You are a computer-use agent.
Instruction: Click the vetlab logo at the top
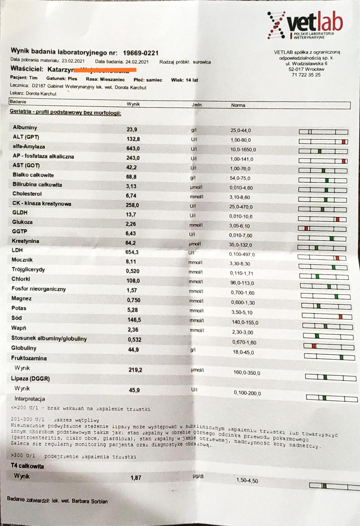[305, 25]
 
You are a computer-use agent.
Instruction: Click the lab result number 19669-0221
[141, 53]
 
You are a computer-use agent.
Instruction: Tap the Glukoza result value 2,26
[131, 224]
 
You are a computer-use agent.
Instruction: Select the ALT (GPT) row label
[26, 137]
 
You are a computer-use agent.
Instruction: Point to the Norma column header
[238, 105]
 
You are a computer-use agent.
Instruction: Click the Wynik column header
[133, 104]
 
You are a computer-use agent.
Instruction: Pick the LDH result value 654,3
[132, 252]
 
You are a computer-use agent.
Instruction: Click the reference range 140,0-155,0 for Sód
[245, 323]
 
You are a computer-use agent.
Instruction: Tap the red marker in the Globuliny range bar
[314, 346]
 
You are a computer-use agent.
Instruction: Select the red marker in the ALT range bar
[344, 142]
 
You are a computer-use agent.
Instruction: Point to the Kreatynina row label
[25, 241]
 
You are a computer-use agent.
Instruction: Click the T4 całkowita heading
[27, 466]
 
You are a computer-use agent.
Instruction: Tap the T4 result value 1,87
[136, 478]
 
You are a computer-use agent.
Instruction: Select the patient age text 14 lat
[192, 80]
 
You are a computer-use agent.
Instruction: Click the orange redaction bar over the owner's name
[105, 70]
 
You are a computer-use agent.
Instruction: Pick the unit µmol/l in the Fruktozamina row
[197, 370]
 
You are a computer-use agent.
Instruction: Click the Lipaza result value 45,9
[134, 390]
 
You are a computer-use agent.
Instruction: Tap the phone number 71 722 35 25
[306, 75]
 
